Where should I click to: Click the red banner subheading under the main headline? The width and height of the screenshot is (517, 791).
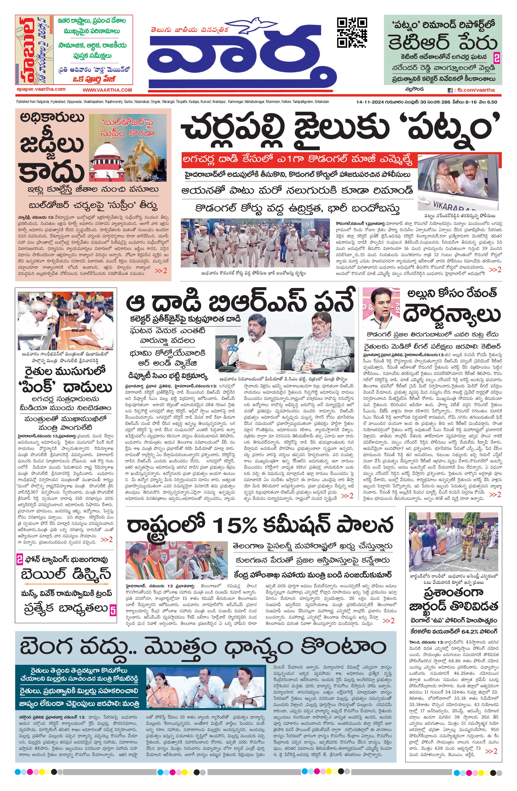(x=297, y=160)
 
